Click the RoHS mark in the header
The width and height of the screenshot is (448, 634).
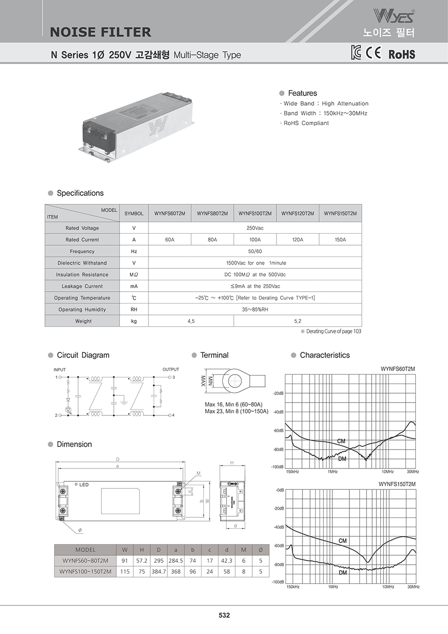click(402, 55)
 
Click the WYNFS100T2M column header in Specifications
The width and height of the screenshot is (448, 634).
click(255, 213)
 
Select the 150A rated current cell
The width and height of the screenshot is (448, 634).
click(340, 239)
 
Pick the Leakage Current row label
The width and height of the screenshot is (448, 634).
click(82, 286)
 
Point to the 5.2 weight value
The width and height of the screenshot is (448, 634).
click(298, 321)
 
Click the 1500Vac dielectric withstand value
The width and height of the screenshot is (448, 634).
click(255, 263)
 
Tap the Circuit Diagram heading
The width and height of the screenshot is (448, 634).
click(83, 355)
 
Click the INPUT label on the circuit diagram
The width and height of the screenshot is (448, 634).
click(60, 370)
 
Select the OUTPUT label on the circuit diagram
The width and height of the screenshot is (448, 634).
click(171, 369)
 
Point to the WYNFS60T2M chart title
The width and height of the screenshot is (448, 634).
click(398, 369)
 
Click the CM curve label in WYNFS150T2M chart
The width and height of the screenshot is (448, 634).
click(343, 541)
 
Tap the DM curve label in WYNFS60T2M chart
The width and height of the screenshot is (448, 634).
click(342, 459)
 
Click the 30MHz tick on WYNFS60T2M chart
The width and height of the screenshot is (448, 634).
click(412, 472)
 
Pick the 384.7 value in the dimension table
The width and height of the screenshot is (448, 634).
click(158, 571)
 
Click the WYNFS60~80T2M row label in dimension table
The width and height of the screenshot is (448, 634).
click(85, 560)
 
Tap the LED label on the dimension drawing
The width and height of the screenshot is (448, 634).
click(84, 485)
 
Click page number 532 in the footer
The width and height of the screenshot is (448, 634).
click(224, 615)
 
